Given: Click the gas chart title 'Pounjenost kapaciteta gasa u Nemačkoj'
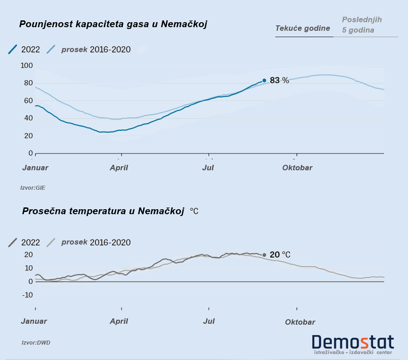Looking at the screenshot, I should click(113, 24).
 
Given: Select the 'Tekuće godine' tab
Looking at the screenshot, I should click(302, 29).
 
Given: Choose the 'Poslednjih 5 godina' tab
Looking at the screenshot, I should click(362, 25).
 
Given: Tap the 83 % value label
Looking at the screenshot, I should click(279, 81).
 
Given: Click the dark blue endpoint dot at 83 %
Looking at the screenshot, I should click(264, 81).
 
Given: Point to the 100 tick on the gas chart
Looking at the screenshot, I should click(27, 66).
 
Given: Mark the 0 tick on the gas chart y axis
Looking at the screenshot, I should click(30, 154).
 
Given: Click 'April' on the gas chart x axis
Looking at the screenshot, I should click(119, 168).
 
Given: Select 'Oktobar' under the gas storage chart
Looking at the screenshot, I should click(297, 168).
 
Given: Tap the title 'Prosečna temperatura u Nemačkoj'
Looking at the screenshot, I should click(103, 211).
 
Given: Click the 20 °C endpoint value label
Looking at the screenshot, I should click(280, 255).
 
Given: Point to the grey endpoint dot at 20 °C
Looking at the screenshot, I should click(264, 255).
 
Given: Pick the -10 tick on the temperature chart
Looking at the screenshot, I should click(27, 295).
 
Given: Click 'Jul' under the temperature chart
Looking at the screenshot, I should click(209, 321).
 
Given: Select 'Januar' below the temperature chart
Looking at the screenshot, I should click(34, 321).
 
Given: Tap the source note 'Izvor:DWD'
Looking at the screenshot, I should click(36, 343).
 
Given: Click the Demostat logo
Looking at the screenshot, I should click(353, 343).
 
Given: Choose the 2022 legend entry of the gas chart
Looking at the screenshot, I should click(24, 49).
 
